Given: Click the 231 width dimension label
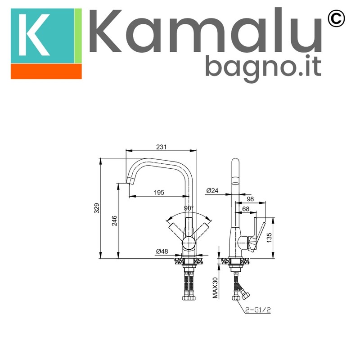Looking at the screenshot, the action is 161,147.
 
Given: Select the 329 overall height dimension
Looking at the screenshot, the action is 97,208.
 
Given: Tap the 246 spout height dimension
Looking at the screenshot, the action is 114,220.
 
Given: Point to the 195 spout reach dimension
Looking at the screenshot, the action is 159,193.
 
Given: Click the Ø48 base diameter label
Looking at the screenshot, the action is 162,252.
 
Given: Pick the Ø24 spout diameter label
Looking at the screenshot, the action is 212,190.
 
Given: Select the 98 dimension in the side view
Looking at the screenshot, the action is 250,199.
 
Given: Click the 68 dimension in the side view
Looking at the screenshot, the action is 246,209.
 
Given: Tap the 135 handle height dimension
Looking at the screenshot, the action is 269,238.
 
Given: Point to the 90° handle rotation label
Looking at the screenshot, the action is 189,208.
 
